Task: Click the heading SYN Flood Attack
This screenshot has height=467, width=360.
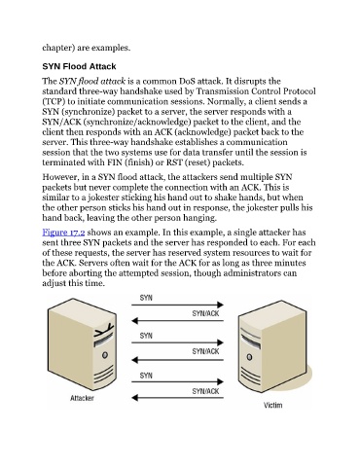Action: click(x=79, y=66)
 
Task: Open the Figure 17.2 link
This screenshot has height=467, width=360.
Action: click(x=63, y=233)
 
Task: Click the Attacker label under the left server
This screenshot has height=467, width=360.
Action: click(x=82, y=398)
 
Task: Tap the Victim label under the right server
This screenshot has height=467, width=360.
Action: click(x=272, y=405)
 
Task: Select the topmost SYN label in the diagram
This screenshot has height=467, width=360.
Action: click(x=146, y=298)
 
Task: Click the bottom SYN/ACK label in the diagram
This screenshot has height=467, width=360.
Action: click(x=205, y=391)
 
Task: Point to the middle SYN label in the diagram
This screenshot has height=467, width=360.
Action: click(x=146, y=336)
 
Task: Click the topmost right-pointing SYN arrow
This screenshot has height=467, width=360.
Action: click(x=177, y=305)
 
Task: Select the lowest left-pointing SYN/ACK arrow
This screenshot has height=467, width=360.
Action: click(x=177, y=398)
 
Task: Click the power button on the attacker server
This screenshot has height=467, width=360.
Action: click(x=104, y=355)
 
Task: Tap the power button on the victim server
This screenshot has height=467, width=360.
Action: click(x=249, y=357)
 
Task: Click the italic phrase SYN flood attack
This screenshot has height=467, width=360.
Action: click(x=92, y=81)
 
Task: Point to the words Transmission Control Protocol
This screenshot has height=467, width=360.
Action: click(x=256, y=91)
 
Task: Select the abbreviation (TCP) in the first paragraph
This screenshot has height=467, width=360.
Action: click(x=52, y=101)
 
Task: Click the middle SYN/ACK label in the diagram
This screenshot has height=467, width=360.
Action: click(x=205, y=351)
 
